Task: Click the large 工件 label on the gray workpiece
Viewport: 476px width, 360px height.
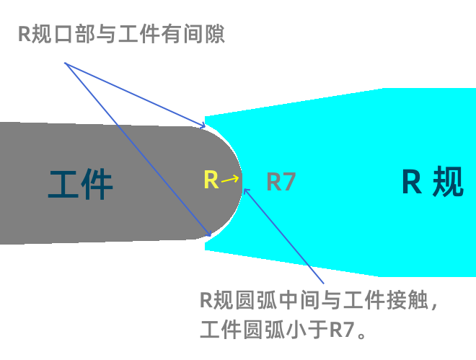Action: coord(81,183)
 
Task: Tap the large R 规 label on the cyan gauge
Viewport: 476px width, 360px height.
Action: coord(432,182)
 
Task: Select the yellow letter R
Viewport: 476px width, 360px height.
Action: coord(211,180)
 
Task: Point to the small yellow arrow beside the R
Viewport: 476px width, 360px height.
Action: coord(231,179)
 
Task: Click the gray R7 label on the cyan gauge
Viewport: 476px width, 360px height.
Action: coord(281,182)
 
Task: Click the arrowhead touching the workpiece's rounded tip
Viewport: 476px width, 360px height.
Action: coord(246,190)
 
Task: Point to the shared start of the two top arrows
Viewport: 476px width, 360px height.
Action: coord(66,63)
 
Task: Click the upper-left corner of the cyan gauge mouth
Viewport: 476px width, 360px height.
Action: coord(206,116)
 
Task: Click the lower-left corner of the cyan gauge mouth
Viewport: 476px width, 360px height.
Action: coord(206,249)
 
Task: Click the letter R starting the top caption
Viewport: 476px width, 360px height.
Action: coord(23,34)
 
